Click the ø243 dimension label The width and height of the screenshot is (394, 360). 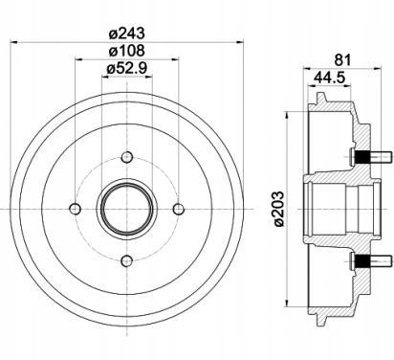tap(127, 34)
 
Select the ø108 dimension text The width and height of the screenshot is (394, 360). tap(127, 51)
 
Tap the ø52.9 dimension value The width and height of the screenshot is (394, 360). tap(127, 68)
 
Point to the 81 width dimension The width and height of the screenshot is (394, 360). tap(342, 60)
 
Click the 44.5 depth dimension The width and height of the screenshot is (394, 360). tap(329, 78)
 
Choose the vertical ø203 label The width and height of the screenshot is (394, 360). tap(278, 209)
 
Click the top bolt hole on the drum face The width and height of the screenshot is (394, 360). tap(127, 157)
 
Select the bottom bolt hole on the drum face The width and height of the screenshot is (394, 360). tap(127, 261)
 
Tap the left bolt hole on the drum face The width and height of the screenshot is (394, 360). tap(76, 209)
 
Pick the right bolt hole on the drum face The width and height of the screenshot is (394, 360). tap(179, 209)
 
